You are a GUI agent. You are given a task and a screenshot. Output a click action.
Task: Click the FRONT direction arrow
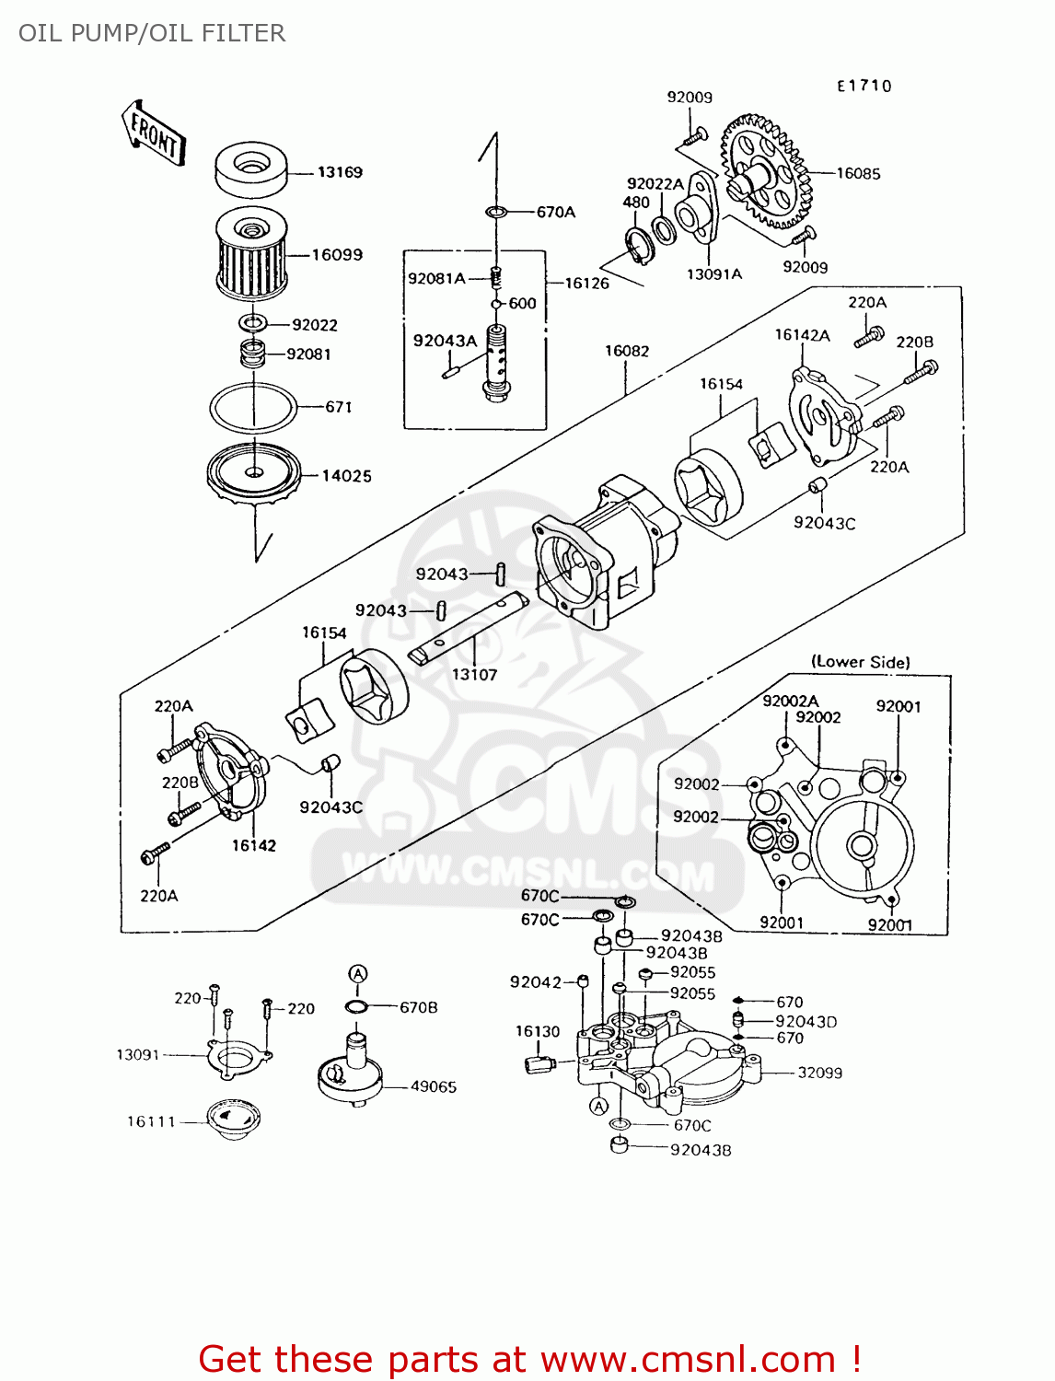pyautogui.click(x=153, y=133)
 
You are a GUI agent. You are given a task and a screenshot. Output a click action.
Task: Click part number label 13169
pyautogui.click(x=340, y=172)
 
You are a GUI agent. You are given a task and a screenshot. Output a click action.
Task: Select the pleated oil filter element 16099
pyautogui.click(x=250, y=252)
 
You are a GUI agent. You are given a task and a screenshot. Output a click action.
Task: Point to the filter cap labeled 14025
pyautogui.click(x=253, y=474)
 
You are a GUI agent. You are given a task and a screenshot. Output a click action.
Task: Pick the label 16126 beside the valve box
pyautogui.click(x=586, y=284)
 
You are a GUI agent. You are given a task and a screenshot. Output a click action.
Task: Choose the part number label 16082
pyautogui.click(x=627, y=351)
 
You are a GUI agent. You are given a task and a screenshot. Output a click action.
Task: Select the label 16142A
pyautogui.click(x=802, y=335)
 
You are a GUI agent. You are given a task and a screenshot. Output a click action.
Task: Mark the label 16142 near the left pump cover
pyautogui.click(x=253, y=845)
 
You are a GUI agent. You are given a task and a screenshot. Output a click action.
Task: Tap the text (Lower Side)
pyautogui.click(x=860, y=662)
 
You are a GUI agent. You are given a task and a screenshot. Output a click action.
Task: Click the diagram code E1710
pyautogui.click(x=864, y=86)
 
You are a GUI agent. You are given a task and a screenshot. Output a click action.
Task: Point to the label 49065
pyautogui.click(x=433, y=1086)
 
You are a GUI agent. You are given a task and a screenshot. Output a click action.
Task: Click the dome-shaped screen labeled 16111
pyautogui.click(x=234, y=1120)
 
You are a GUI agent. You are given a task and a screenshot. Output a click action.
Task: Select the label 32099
pyautogui.click(x=819, y=1073)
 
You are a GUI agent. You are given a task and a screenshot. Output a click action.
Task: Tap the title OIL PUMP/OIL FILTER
pyautogui.click(x=152, y=33)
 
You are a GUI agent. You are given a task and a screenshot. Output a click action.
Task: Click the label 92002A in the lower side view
pyautogui.click(x=790, y=702)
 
